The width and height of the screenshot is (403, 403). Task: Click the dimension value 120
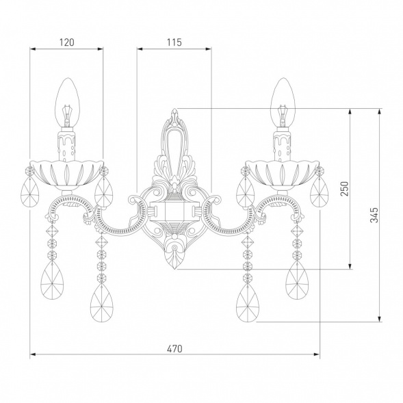coord(67,42)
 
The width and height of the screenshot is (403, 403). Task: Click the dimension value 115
coord(174,42)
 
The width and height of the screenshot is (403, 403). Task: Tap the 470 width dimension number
coord(174,349)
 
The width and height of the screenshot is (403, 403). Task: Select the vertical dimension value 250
coord(344,189)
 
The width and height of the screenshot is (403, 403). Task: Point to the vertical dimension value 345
coord(374,215)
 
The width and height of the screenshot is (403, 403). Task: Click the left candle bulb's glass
coord(68,103)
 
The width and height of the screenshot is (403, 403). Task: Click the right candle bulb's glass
coord(283,103)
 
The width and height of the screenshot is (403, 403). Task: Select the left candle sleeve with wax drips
coord(67,145)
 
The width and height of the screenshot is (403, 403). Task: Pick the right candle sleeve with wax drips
coord(283,145)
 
